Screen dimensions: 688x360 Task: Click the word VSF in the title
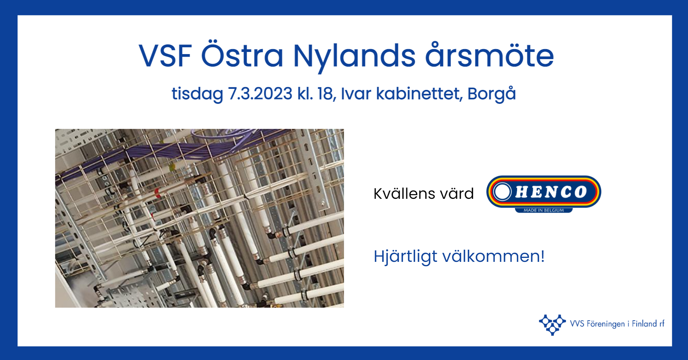(165, 56)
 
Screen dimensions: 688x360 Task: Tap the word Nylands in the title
(354, 57)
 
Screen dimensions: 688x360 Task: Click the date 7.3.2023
(260, 93)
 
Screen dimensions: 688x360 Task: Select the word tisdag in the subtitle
(197, 94)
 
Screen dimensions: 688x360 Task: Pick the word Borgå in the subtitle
(492, 93)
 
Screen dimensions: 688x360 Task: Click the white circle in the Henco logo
(502, 192)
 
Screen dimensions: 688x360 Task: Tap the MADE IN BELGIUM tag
(544, 210)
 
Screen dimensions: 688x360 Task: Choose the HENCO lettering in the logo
(551, 192)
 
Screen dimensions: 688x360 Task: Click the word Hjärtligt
(405, 257)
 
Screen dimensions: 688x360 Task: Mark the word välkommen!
(493, 256)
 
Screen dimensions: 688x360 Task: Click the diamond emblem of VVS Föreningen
(552, 325)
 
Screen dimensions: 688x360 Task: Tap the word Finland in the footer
(644, 323)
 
